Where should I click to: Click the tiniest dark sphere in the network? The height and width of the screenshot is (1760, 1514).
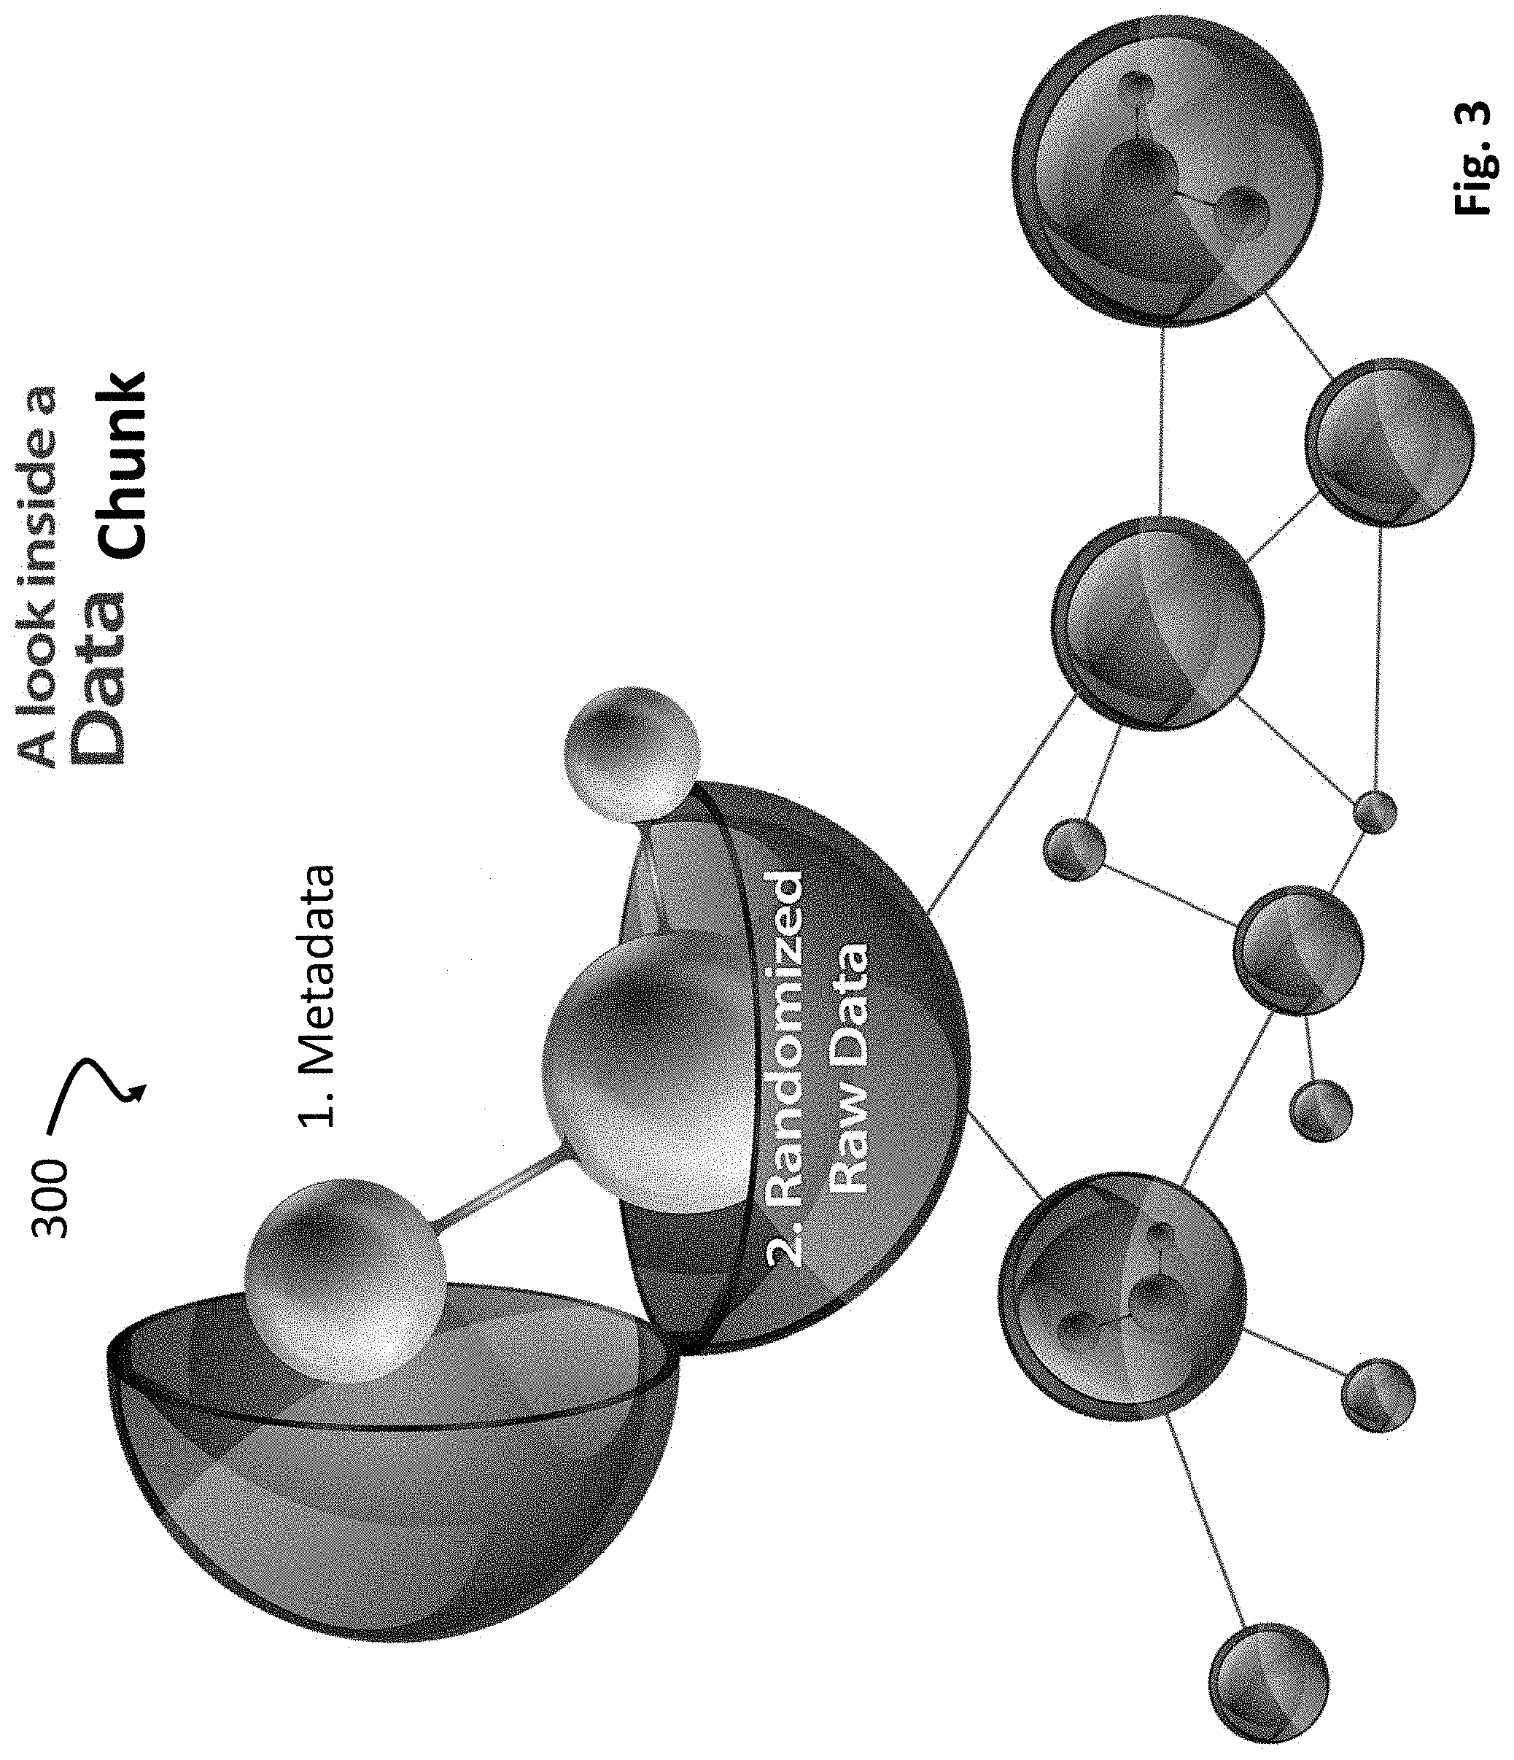1373,811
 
